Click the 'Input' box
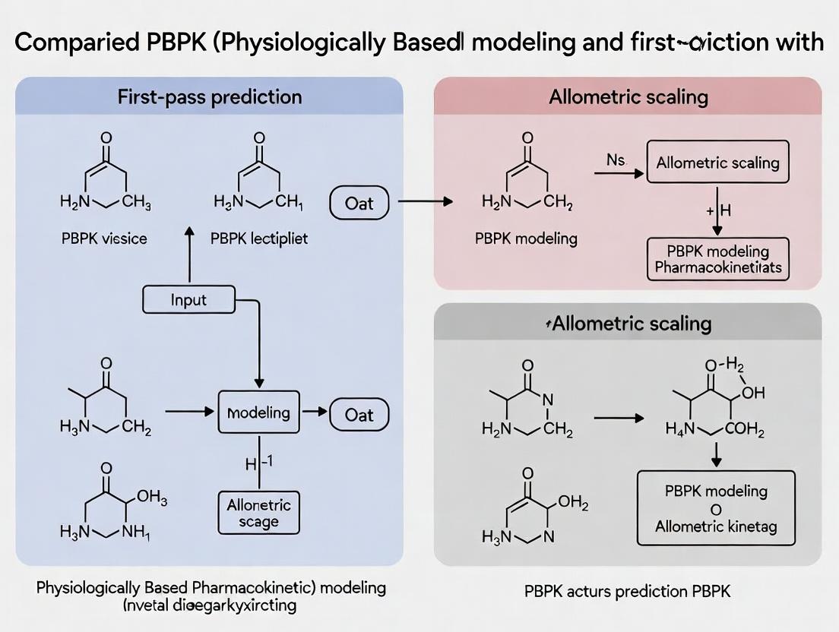point(188,299)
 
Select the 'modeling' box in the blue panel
point(259,412)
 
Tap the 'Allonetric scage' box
point(259,512)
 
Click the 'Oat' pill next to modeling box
point(359,414)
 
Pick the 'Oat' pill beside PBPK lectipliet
point(359,203)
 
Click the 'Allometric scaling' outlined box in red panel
point(717,163)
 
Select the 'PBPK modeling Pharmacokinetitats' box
point(717,259)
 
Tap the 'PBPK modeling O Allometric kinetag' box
point(716,508)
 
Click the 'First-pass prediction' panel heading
point(210,97)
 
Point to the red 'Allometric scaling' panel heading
point(627,97)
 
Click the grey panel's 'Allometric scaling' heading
point(627,324)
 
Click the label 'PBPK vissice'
point(105,239)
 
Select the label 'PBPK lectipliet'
point(258,239)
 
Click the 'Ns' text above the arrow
point(616,160)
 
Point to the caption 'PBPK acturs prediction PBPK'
point(627,591)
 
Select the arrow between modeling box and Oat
point(313,413)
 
